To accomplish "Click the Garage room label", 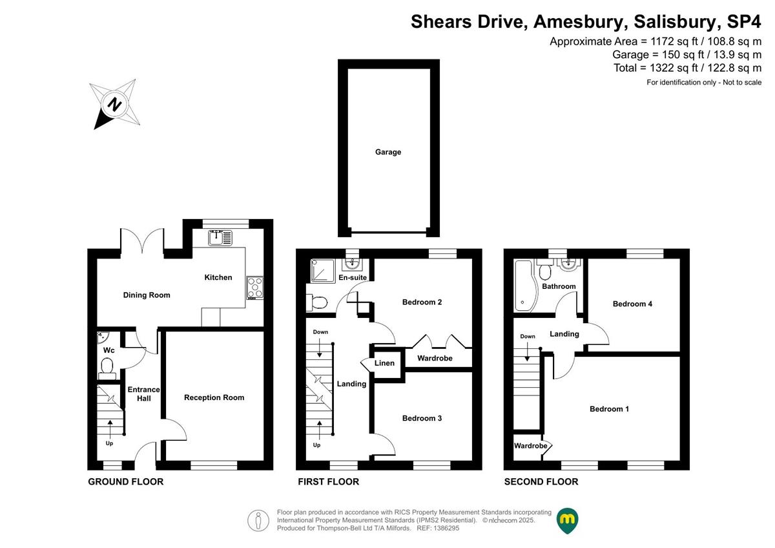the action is click(x=388, y=152).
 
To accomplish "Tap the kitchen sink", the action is click(x=220, y=238).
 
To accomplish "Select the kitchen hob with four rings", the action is click(x=255, y=288).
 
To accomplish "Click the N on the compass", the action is click(x=114, y=104).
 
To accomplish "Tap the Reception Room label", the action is click(x=214, y=397).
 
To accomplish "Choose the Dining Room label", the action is click(x=147, y=295).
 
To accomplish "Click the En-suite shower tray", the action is click(x=322, y=271).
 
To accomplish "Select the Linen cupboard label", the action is click(x=384, y=363).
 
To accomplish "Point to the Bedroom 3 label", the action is click(x=422, y=418).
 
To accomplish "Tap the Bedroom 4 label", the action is click(x=632, y=304).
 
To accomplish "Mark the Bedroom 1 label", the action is click(x=609, y=409).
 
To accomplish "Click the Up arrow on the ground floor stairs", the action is click(x=110, y=427).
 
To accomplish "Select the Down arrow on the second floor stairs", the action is click(x=527, y=352).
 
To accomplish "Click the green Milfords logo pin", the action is click(x=567, y=520).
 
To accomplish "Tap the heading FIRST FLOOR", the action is click(x=328, y=482).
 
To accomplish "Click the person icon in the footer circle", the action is click(x=258, y=520).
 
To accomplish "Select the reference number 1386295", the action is click(x=446, y=528).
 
